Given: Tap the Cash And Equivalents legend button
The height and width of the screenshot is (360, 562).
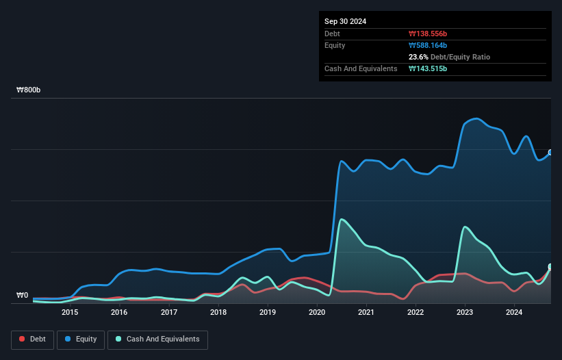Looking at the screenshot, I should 157,339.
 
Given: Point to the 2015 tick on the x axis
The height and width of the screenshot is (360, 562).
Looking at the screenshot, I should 69,313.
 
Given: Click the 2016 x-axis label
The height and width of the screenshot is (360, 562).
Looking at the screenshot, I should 119,313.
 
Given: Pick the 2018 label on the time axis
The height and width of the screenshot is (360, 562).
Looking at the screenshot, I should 218,313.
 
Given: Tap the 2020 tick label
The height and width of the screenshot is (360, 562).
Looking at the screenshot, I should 317,313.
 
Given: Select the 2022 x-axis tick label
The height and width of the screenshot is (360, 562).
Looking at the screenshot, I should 416,313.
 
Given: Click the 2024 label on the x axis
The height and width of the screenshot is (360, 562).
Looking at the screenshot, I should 514,313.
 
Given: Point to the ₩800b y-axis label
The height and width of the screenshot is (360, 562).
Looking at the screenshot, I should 29,90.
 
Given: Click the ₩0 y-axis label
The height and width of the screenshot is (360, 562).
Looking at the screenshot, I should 23,296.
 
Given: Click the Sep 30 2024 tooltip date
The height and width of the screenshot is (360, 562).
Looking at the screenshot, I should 345,21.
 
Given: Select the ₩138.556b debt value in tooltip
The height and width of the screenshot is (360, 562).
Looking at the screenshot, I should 428,34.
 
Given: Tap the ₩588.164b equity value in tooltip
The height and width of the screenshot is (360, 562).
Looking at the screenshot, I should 428,45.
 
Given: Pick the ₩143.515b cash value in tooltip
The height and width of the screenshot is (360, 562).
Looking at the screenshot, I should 428,68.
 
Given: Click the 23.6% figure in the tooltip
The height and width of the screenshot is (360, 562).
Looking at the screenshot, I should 419,57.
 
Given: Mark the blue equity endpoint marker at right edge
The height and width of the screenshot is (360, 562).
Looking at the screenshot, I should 550,153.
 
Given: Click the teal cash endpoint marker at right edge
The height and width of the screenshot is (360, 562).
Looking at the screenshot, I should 550,267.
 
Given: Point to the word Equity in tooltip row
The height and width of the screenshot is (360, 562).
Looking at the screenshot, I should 335,45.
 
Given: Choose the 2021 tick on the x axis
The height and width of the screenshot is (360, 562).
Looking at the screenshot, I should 366,313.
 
